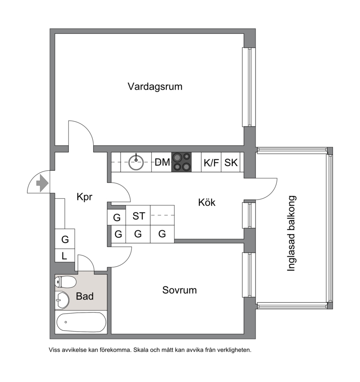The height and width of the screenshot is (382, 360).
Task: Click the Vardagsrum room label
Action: [155, 87]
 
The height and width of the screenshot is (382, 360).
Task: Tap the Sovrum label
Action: [180, 290]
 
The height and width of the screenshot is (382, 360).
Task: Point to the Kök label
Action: [207, 202]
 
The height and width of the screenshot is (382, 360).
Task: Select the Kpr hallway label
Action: [85, 197]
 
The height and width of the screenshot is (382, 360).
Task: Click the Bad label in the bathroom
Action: [85, 296]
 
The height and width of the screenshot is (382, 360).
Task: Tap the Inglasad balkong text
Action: [291, 233]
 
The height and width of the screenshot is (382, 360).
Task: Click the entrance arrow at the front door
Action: [42, 183]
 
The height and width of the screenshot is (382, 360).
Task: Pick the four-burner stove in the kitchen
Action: [182, 162]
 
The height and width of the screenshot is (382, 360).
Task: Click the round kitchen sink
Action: [136, 162]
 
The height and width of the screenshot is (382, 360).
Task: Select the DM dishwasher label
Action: [162, 162]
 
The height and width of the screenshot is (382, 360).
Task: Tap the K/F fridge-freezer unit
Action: [211, 162]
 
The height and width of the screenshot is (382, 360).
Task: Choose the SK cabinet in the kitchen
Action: [231, 162]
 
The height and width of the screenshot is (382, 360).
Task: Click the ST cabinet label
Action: [139, 216]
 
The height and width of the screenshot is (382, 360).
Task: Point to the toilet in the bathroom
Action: [66, 282]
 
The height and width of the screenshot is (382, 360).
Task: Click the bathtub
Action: [81, 323]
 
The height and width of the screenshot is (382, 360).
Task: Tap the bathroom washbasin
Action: [62, 300]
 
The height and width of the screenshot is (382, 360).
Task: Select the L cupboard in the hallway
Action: [65, 256]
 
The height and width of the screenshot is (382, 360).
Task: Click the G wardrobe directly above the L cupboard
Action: [65, 239]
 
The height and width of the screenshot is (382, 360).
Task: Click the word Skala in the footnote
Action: [141, 350]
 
